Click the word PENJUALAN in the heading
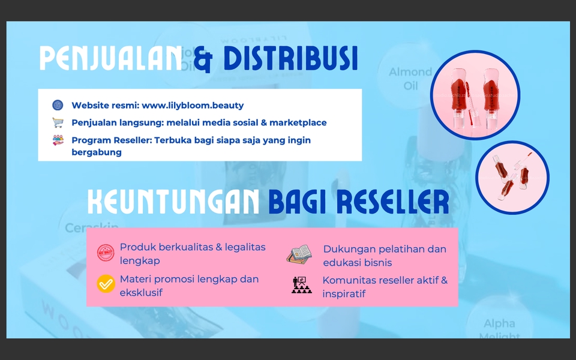pos(110,58)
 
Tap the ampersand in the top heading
pos(203,59)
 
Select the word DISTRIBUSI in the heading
pos(290,58)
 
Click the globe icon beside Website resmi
pos(58,105)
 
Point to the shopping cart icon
pos(58,122)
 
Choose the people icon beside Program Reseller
pos(58,140)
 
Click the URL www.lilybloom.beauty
pos(193,105)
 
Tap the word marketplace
pos(298,122)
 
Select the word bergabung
pos(97,152)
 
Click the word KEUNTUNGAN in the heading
pos(173,202)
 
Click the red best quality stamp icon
pos(106,253)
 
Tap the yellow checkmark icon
pos(106,283)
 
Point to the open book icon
pos(299,254)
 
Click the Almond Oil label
pos(410,79)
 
